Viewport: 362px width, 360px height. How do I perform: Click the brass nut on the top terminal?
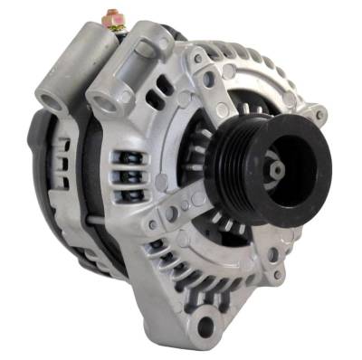click(x=113, y=18)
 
